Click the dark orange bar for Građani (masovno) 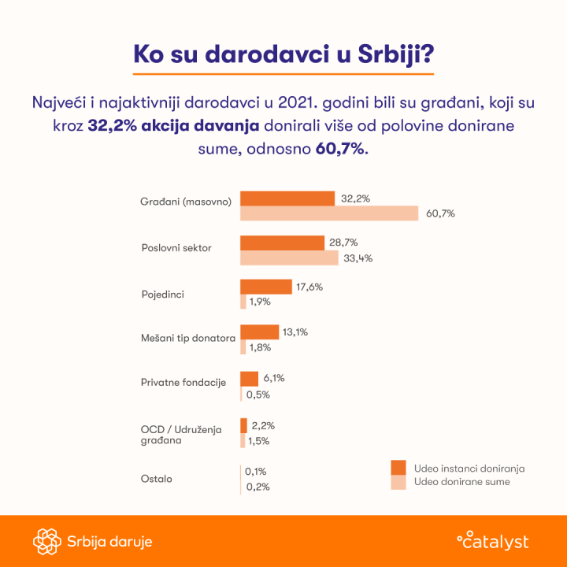point(287,198)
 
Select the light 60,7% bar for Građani point(329,213)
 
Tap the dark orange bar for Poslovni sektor point(282,243)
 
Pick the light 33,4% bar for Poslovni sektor point(287,258)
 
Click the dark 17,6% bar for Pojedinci point(265,287)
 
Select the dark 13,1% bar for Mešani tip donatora point(259,332)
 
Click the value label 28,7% point(344,243)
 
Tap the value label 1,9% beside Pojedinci point(260,302)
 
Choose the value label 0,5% point(258,395)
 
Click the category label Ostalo point(157,479)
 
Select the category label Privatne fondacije point(183,383)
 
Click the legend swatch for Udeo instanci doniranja point(398,467)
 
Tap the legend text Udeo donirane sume point(461,482)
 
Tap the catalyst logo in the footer point(493,541)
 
